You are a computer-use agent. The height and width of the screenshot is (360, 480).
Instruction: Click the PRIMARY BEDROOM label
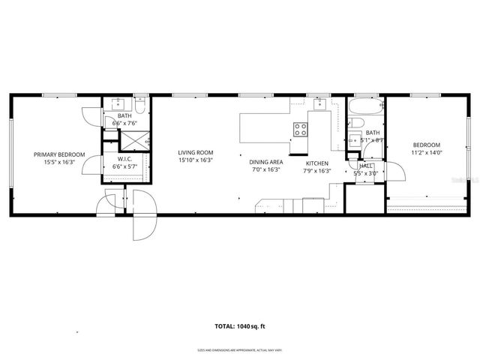click(59, 154)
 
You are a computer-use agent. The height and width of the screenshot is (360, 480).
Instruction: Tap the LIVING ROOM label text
click(195, 151)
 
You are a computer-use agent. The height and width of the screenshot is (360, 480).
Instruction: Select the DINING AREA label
click(265, 161)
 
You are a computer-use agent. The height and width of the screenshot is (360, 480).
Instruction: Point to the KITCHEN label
click(316, 162)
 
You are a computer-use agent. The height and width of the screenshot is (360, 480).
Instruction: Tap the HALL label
click(366, 166)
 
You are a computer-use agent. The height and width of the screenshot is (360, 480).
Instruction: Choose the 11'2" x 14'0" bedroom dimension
click(424, 154)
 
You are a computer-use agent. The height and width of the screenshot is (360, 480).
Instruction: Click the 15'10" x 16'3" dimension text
click(195, 160)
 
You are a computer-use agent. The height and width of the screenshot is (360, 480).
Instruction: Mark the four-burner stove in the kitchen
click(300, 129)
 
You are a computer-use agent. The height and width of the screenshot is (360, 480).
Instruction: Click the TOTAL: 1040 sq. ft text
click(239, 326)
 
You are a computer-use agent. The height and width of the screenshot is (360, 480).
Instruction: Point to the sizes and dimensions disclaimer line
click(239, 349)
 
